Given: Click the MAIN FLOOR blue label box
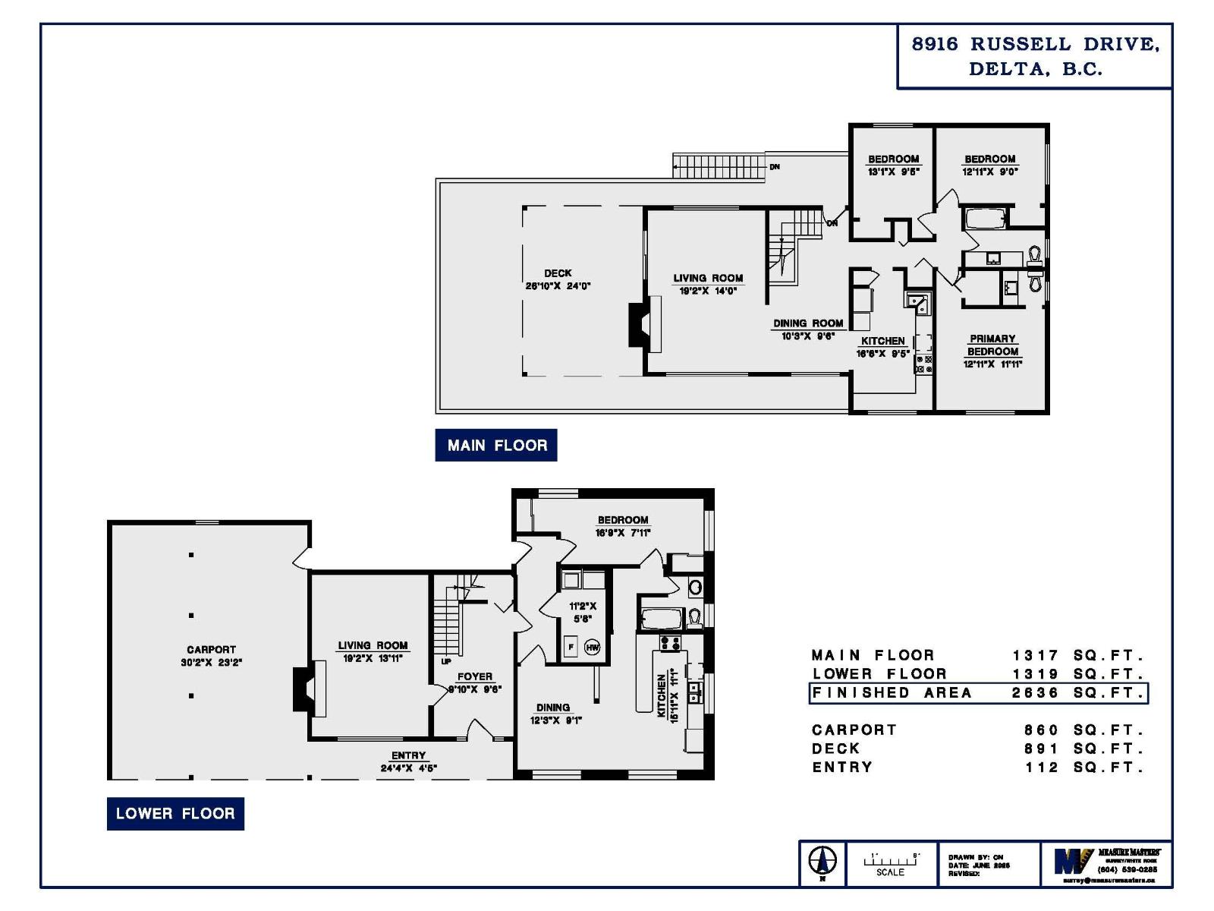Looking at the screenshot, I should click(x=495, y=446).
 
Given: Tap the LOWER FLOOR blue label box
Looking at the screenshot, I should click(x=175, y=814).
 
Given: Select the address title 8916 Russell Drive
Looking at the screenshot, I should click(x=1035, y=56).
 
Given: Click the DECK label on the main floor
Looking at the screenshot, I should click(x=558, y=273).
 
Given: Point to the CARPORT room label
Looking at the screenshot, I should click(x=211, y=650).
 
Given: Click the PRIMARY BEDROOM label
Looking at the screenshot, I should click(x=992, y=345).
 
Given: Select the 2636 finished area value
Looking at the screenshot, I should click(x=1035, y=693).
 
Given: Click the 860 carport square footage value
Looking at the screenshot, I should click(x=1041, y=730).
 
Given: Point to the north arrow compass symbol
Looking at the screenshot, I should click(x=822, y=862).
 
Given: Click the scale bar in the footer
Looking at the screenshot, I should click(x=891, y=861).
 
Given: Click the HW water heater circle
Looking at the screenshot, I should click(x=592, y=648).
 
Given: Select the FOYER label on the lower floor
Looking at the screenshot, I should click(x=474, y=676).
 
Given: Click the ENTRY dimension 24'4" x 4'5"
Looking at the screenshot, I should click(x=408, y=768).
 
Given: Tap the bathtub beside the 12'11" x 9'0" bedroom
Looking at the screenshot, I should click(x=985, y=219).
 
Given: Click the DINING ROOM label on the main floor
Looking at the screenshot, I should click(x=808, y=323).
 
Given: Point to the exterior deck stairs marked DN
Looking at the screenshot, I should click(x=718, y=166).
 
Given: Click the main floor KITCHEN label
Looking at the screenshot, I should click(x=882, y=341).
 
